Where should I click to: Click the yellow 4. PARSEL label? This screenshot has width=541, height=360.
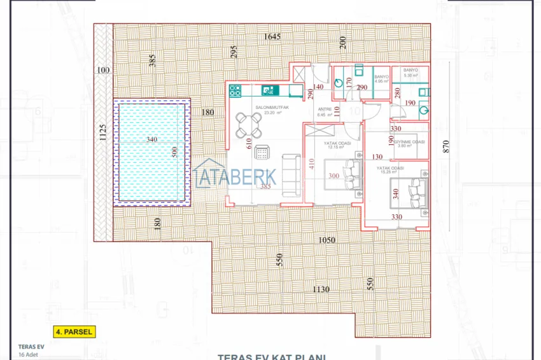click(x=74, y=331)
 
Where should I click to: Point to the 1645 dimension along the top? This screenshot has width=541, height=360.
click(x=272, y=37)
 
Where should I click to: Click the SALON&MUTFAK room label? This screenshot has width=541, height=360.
click(x=272, y=108)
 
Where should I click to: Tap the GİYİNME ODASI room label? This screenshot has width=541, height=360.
click(x=410, y=142)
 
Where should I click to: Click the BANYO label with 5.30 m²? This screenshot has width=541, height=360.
click(x=410, y=73)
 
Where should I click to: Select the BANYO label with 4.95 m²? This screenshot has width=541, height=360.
click(x=382, y=78)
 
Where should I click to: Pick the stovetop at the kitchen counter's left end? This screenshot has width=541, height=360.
click(x=235, y=90)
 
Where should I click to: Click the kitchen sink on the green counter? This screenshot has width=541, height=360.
click(x=269, y=90)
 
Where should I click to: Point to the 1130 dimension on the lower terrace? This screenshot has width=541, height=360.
click(x=321, y=289)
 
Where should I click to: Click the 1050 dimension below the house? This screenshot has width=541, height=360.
click(x=327, y=240)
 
